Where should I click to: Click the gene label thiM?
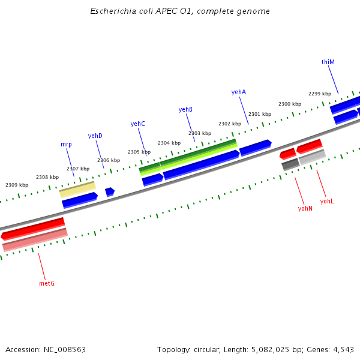[x=328, y=62]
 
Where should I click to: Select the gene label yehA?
[x=239, y=92]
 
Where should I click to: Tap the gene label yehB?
[x=185, y=109]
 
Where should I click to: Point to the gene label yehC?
[x=138, y=124]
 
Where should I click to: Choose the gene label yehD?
[x=95, y=136]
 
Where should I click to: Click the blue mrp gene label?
[x=66, y=144]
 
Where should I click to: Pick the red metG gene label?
[x=47, y=283]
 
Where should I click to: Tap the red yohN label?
[x=305, y=208]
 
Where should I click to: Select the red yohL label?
[x=326, y=201]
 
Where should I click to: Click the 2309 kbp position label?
[x=17, y=185]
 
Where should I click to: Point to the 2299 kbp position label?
[x=320, y=94]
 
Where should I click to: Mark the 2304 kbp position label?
[x=169, y=143]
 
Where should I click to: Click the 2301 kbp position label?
[x=260, y=114]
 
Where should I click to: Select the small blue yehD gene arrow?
[x=110, y=192]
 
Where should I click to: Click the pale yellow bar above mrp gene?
[x=77, y=190]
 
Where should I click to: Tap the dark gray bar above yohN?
[x=290, y=164]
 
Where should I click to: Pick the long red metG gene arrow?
[x=33, y=229]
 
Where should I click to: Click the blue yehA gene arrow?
[x=255, y=147]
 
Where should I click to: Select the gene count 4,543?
[x=342, y=349]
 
